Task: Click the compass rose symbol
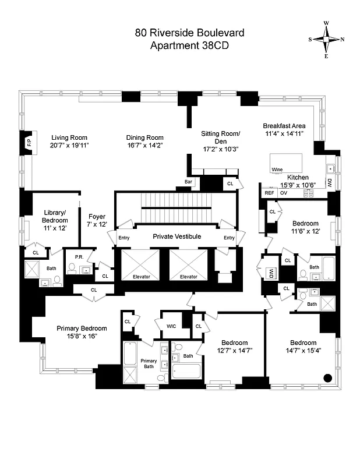[326, 39]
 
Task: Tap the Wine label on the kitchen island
[277, 170]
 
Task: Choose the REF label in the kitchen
[269, 193]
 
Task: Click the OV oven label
[284, 193]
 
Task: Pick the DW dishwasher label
[330, 183]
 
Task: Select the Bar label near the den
[188, 182]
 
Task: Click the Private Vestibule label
[177, 236]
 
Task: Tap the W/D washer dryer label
[270, 272]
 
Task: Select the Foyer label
[97, 217]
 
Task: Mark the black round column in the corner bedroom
[327, 377]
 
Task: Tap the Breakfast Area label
[284, 126]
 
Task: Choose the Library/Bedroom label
[55, 217]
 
